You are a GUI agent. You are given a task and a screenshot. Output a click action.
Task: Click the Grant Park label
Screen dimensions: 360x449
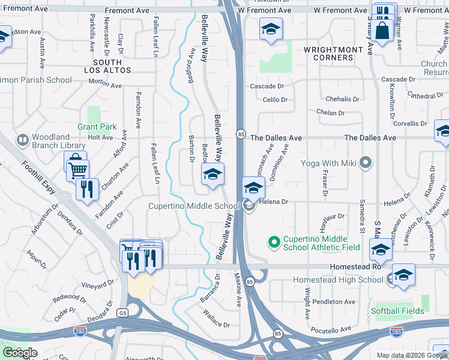97,127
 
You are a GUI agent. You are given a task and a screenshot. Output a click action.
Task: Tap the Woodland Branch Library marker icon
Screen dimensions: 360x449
22,140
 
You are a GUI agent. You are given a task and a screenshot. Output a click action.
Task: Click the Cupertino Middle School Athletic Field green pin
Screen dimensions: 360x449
274,242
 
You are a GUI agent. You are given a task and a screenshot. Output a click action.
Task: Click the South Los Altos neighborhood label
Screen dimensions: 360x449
112,66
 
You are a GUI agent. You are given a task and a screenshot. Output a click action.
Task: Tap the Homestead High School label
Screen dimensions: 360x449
337,280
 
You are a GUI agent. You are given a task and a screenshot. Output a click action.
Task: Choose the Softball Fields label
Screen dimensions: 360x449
397,311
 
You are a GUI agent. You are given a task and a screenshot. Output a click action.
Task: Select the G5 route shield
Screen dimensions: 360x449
123,313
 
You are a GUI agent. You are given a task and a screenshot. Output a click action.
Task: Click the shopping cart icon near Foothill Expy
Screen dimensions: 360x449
77,170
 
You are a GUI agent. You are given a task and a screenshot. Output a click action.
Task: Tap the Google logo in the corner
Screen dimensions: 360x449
20,352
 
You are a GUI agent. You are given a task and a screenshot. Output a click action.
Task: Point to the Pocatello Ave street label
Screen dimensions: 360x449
329,329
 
